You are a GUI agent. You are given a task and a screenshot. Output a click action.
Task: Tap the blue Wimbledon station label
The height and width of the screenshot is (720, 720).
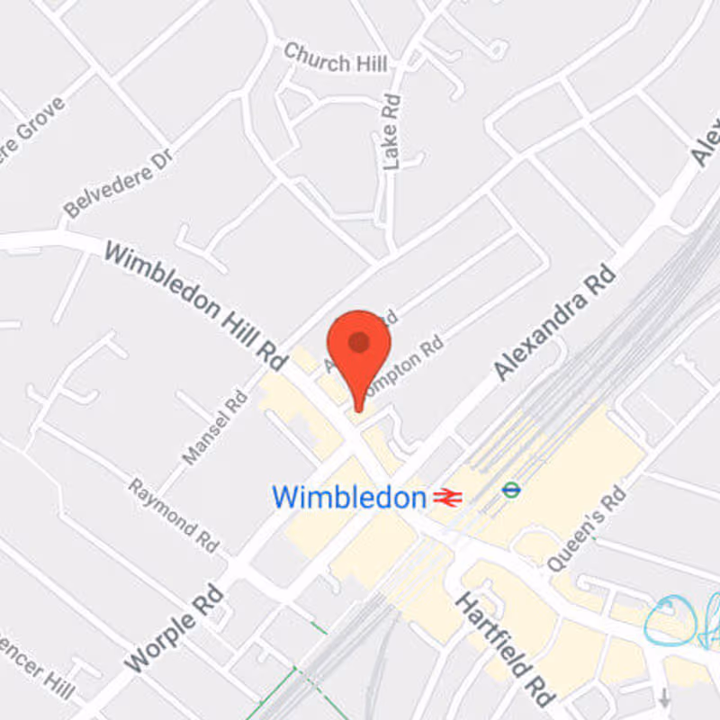(x=348, y=497)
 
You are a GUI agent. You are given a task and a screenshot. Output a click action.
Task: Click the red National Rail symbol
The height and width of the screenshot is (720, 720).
(x=446, y=497)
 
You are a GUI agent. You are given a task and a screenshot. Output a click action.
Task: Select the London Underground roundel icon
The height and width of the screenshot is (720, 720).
(x=511, y=490)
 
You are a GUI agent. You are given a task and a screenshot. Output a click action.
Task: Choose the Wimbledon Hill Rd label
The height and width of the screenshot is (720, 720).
(x=194, y=301)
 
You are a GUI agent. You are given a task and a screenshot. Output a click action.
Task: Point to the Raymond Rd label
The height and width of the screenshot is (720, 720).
(x=174, y=516)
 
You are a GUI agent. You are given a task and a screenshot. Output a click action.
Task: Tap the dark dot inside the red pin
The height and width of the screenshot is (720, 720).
(x=358, y=341)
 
